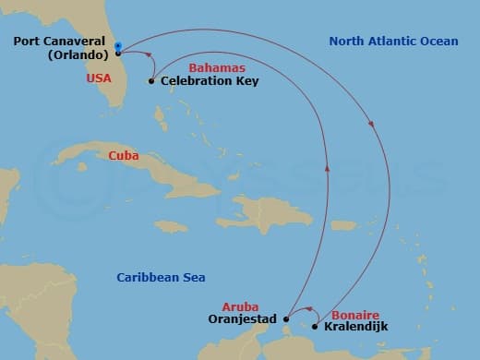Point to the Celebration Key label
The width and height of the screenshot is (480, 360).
(x=210, y=81)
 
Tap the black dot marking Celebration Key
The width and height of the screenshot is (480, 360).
(x=151, y=81)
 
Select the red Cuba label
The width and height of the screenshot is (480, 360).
(x=124, y=156)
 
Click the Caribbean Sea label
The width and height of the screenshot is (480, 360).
(x=161, y=277)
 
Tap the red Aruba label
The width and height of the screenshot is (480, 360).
(x=240, y=306)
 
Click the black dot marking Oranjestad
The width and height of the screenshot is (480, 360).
(x=286, y=320)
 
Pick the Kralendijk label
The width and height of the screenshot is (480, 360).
(x=355, y=327)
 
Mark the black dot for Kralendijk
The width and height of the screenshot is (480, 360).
(x=315, y=327)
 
